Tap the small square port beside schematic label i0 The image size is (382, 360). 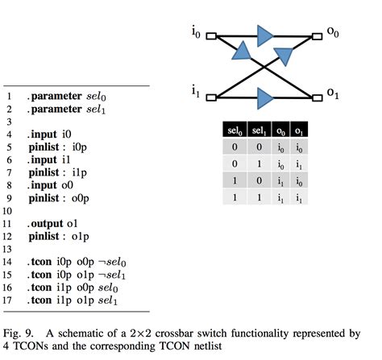click(x=211, y=36)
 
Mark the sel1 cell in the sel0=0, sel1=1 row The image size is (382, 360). click(x=260, y=163)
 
